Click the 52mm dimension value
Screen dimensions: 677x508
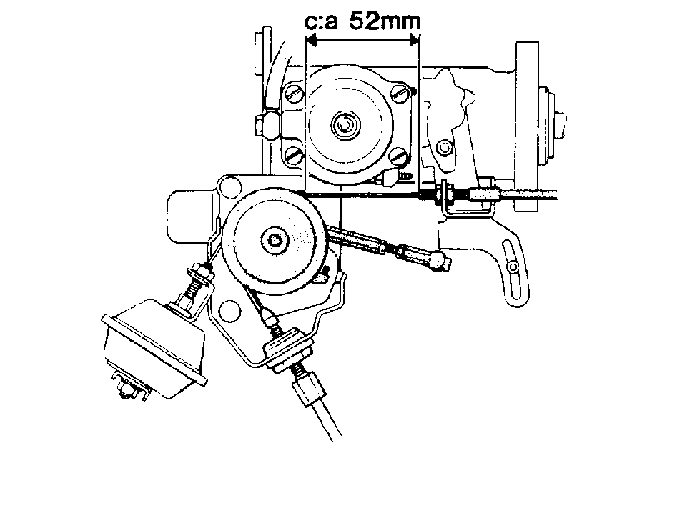(x=385, y=21)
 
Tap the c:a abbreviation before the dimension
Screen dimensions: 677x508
(x=321, y=21)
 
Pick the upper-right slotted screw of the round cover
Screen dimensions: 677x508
(x=400, y=92)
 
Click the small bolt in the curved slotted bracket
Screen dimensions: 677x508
(x=513, y=267)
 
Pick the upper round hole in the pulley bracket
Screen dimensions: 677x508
(x=229, y=186)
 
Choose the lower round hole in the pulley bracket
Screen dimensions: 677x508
(x=229, y=310)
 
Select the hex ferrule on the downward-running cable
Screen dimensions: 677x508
(x=307, y=389)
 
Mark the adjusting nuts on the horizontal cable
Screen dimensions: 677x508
(x=445, y=191)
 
